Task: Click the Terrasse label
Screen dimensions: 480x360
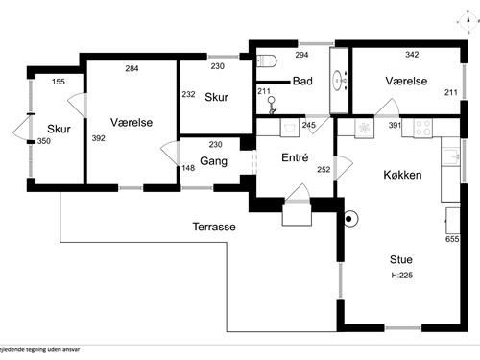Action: coord(214,227)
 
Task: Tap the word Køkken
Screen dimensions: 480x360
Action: coord(402,175)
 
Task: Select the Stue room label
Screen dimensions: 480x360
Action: coord(401,259)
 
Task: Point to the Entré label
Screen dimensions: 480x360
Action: coord(295,157)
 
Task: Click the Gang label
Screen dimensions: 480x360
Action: coord(213,161)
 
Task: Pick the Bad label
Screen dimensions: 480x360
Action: coord(302,81)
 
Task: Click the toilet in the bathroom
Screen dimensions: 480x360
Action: coord(266,60)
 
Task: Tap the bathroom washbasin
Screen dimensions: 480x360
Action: coord(339,80)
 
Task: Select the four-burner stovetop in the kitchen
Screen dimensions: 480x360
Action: coord(422,128)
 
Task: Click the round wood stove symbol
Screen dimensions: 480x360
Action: coord(349,219)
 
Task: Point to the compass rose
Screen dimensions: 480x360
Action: coord(468,21)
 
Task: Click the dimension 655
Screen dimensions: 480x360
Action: coord(452,239)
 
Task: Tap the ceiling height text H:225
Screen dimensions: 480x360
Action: coord(402,275)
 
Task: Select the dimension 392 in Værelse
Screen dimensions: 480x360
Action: coord(98,138)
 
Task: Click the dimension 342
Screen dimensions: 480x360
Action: coord(412,55)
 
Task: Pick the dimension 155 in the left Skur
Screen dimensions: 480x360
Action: coord(59,82)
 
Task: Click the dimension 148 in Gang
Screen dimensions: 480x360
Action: coord(188,168)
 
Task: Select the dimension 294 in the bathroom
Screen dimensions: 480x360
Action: coord(301,55)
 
